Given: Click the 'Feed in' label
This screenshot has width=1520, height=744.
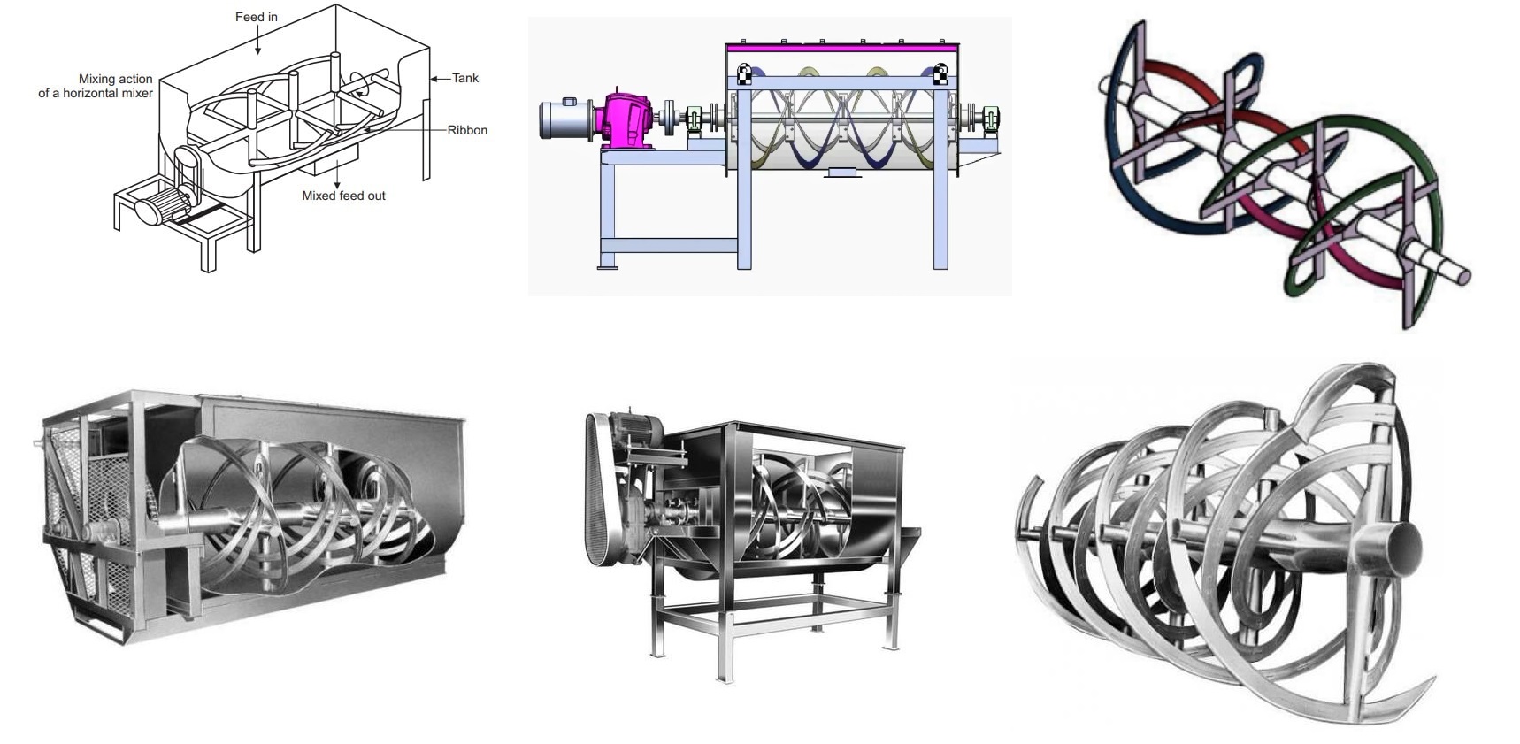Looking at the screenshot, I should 256,17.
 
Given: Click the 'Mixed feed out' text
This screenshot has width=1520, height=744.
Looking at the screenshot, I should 343,196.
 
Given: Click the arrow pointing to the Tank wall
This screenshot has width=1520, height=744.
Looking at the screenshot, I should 440,79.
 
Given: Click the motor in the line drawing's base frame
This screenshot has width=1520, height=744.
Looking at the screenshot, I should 157,212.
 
